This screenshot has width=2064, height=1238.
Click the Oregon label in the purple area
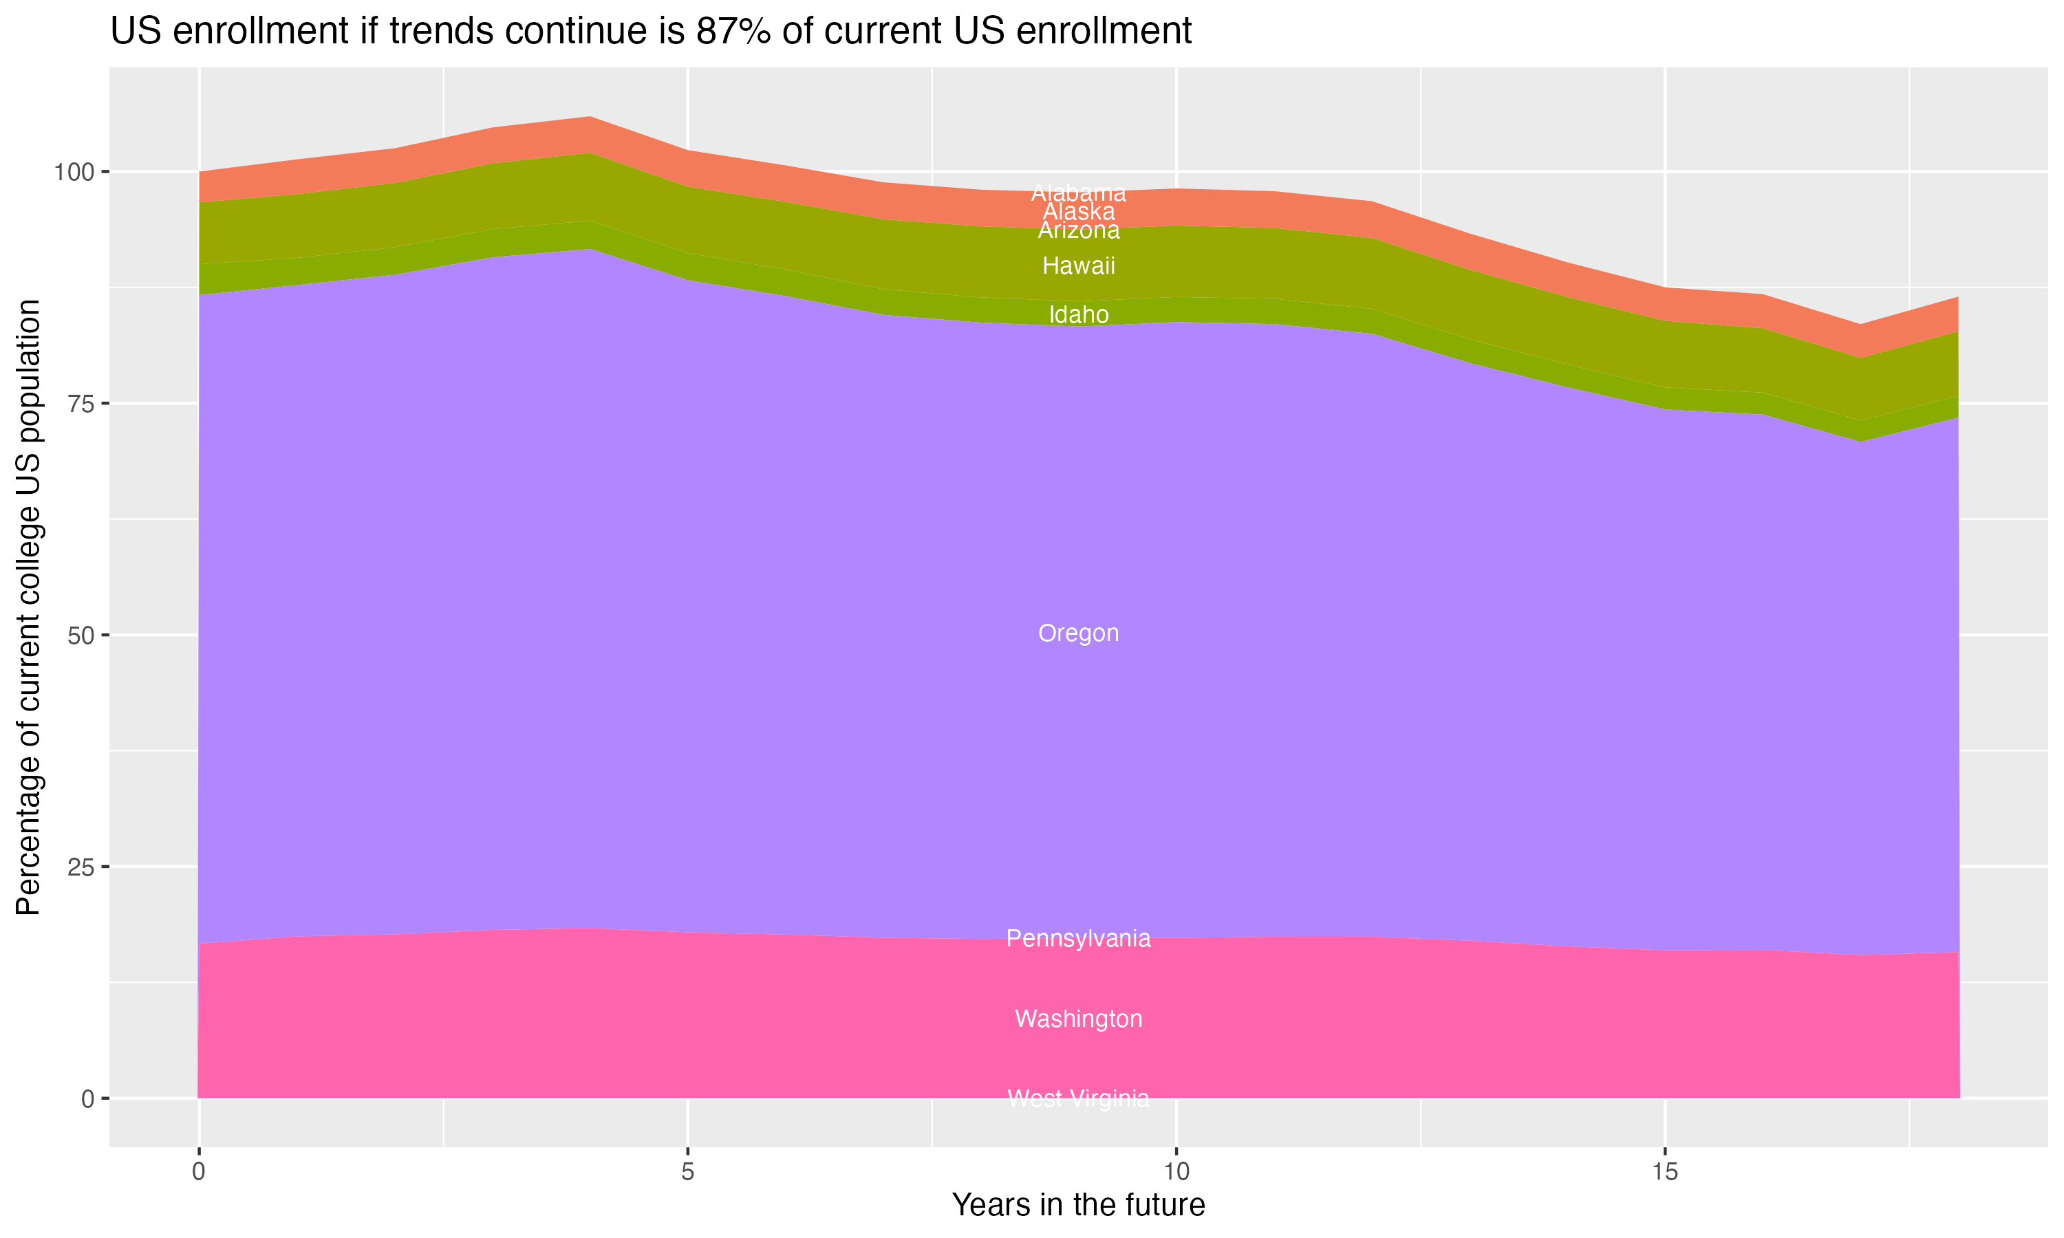tap(1078, 633)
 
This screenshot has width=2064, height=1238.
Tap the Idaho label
tap(1078, 314)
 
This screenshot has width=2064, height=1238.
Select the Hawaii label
tap(1078, 266)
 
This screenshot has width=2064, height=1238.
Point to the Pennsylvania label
tap(1078, 939)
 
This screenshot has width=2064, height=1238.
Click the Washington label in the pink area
tap(1078, 1019)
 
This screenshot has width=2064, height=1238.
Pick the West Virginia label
tap(1078, 1098)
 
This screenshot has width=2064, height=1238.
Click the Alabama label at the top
tap(1078, 192)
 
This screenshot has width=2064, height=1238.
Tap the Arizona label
tap(1078, 231)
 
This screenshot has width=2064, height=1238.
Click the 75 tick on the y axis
tap(78, 404)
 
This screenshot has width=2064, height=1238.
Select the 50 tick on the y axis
tap(78, 636)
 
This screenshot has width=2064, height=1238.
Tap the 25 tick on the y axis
tap(78, 867)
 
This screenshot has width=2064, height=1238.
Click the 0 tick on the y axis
tap(87, 1098)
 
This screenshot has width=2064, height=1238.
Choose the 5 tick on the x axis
tap(687, 1172)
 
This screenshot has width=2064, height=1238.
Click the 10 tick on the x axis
tap(1176, 1172)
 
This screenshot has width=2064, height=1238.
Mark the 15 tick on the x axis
tap(1664, 1172)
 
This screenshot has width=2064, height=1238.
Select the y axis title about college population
tap(28, 607)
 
